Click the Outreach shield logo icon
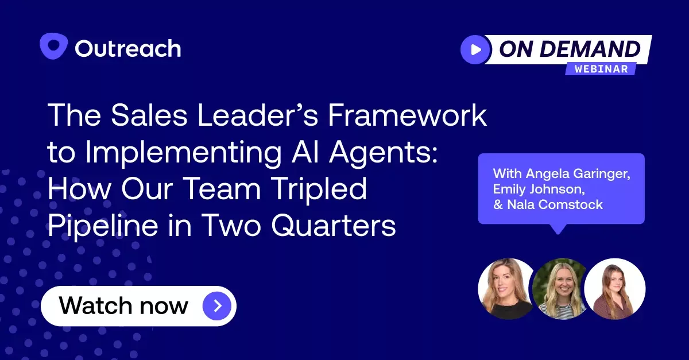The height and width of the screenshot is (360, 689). (54, 47)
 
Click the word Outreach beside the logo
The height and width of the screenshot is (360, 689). (128, 48)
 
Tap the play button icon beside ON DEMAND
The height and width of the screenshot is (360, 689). (475, 49)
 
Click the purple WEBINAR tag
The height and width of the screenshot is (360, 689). (601, 68)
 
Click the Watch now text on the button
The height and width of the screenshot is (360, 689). (123, 305)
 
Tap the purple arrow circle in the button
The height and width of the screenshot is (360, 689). (217, 305)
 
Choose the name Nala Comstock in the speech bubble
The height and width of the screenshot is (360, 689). (554, 204)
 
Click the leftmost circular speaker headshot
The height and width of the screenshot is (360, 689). (506, 288)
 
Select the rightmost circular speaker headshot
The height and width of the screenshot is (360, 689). (615, 288)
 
